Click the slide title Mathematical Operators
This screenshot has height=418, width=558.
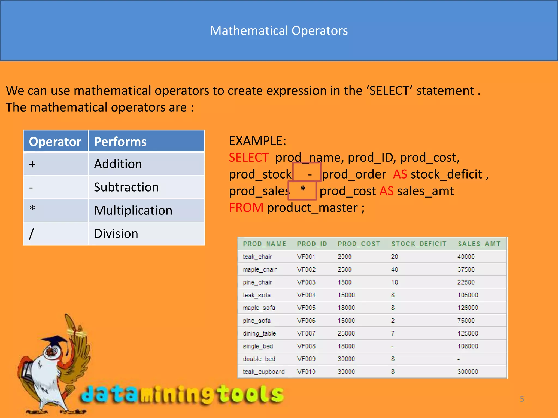coord(279,30)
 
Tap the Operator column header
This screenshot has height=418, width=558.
coord(55,142)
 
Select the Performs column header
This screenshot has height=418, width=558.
coord(120,142)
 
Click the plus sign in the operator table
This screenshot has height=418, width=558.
coord(32,164)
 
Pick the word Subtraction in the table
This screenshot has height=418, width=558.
coord(126,187)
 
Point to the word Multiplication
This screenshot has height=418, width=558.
coord(133,210)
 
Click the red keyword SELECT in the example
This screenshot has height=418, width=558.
coord(248,158)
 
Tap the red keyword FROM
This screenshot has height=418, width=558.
coord(246,208)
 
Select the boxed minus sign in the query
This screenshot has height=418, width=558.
coord(310,174)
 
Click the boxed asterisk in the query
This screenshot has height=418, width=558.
coord(303,189)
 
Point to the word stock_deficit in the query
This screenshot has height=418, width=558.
coord(446,174)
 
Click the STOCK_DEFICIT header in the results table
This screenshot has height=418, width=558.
coord(419,244)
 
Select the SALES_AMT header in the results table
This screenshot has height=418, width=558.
coord(479,244)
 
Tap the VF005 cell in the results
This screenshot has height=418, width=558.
coord(306,308)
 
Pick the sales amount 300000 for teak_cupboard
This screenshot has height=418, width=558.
coord(468,372)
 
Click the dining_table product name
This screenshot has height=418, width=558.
coord(259,333)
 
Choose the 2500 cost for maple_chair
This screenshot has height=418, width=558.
coord(344,269)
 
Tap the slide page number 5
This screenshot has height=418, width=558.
coord(522,399)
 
